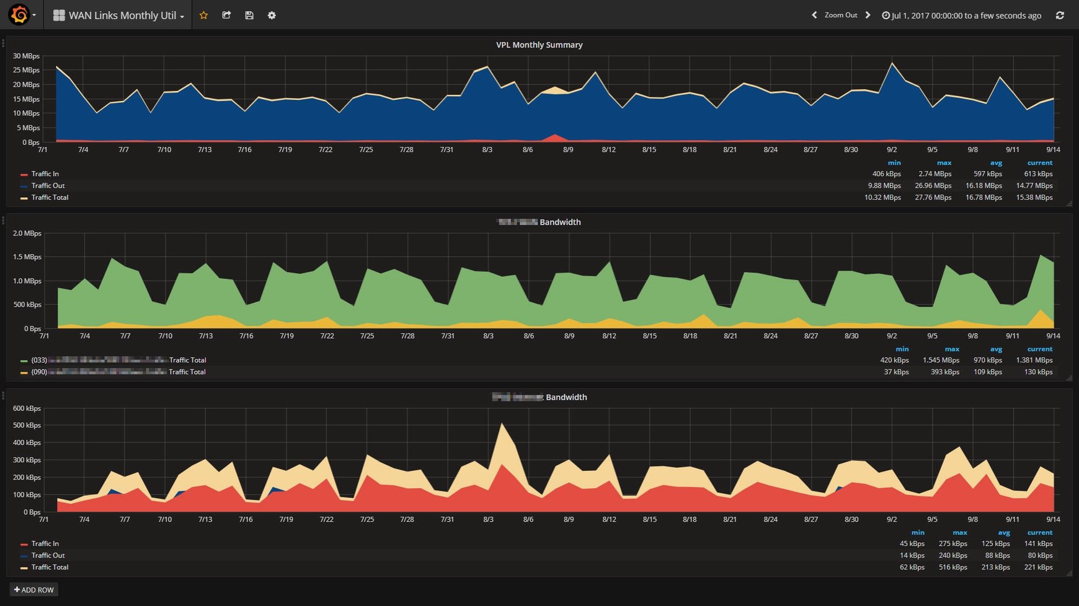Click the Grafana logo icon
19,15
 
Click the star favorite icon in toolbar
203,15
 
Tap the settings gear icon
272,15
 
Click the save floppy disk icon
249,15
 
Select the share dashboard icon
226,15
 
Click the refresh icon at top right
1060,15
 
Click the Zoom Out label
841,15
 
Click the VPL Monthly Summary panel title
539,45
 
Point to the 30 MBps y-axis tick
27,56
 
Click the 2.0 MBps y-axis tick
27,234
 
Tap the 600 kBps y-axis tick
27,408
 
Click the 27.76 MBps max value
933,198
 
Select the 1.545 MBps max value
941,360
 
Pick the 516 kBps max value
952,567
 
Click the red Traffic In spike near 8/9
555,136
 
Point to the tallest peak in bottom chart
502,425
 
